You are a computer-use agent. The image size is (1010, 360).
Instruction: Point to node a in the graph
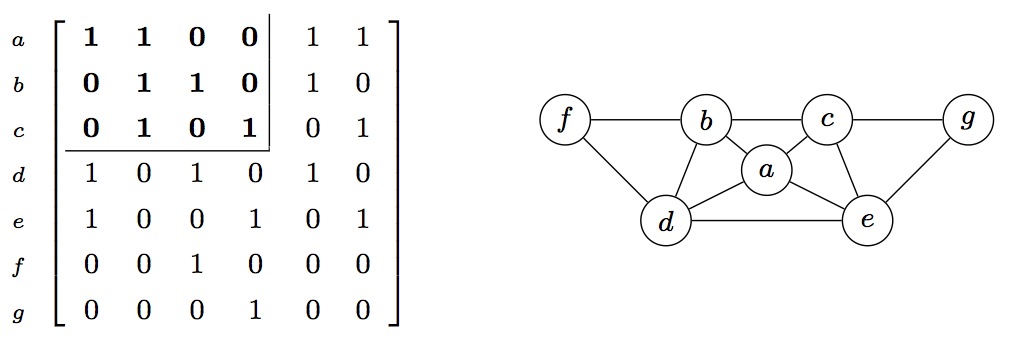pyautogui.click(x=766, y=171)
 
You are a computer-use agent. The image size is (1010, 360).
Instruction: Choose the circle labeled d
pyautogui.click(x=666, y=222)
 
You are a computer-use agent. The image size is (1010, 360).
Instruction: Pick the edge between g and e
pyautogui.click(x=918, y=171)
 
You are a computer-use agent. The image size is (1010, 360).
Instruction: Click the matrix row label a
pyautogui.click(x=17, y=41)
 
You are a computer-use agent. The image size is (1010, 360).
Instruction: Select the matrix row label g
pyautogui.click(x=17, y=314)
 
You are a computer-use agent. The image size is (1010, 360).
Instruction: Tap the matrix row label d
pyautogui.click(x=17, y=177)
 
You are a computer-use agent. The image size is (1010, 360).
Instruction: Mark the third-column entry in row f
pyautogui.click(x=197, y=265)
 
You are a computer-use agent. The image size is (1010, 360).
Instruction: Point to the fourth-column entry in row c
pyautogui.click(x=250, y=129)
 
